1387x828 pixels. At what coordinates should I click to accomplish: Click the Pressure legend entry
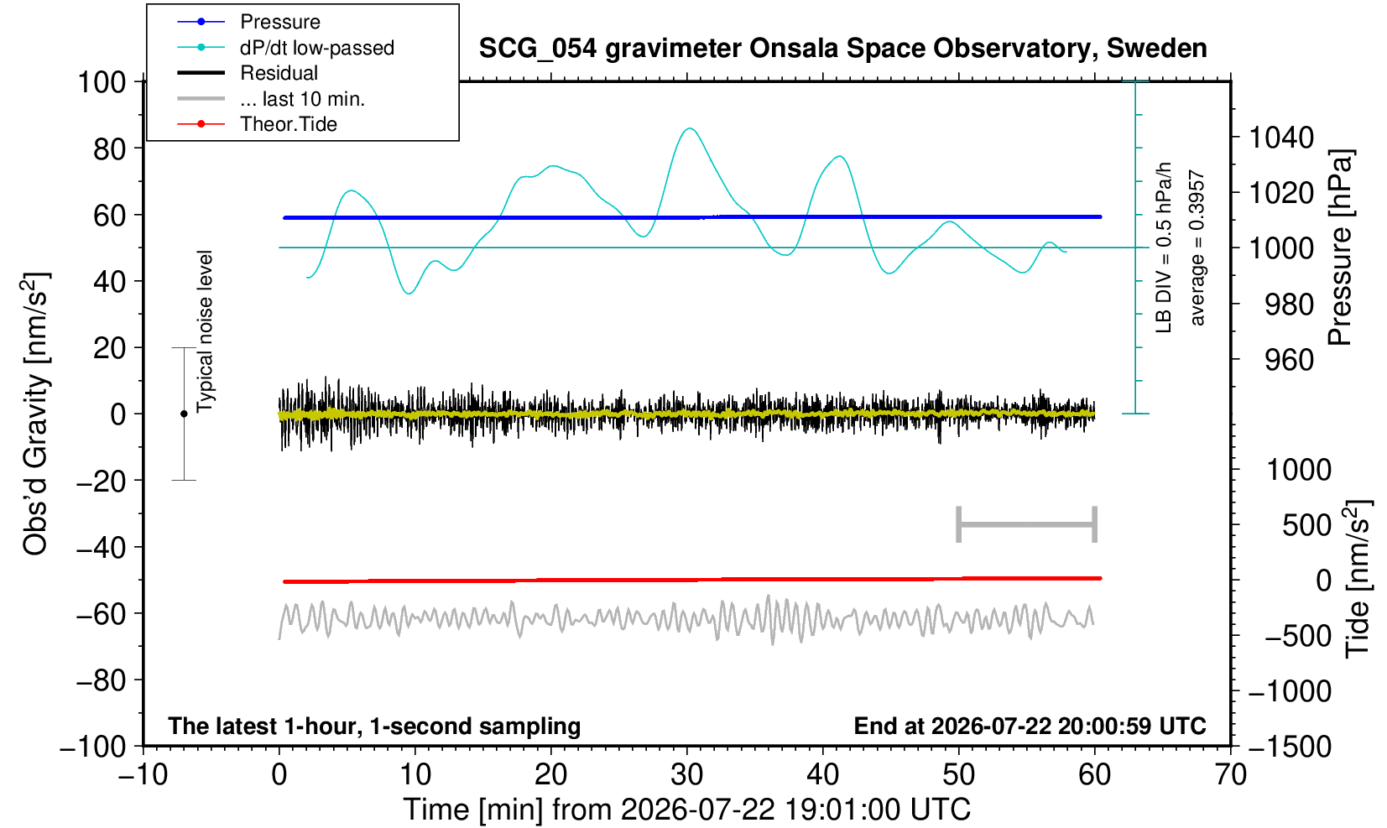[280, 23]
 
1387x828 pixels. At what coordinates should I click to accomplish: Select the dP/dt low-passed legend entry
[316, 48]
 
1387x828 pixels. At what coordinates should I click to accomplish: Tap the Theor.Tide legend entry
[289, 124]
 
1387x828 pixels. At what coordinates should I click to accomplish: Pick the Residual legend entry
[279, 73]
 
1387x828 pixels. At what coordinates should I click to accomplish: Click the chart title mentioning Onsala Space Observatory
[842, 48]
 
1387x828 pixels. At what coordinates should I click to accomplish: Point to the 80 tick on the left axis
[110, 148]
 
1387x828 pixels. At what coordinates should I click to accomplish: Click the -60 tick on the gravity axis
[101, 614]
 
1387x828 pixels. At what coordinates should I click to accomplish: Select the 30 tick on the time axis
[686, 775]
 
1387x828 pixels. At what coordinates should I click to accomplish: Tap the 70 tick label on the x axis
[1230, 775]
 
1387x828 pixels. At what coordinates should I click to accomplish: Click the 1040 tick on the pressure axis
[1280, 138]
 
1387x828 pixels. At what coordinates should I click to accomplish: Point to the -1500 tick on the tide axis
[1289, 747]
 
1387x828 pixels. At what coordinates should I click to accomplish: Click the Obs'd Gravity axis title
[35, 414]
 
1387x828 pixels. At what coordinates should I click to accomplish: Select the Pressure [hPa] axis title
[1340, 247]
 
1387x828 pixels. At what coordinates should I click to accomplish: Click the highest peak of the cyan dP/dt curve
[690, 128]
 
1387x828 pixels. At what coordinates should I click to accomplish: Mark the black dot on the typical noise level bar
[184, 414]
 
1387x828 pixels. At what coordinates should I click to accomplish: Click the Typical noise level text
[205, 332]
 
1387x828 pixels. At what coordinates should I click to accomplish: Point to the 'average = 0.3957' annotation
[1197, 247]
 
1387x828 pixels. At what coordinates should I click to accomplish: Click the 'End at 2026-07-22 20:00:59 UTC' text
[1030, 726]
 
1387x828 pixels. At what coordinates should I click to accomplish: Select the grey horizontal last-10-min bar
[1027, 524]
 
